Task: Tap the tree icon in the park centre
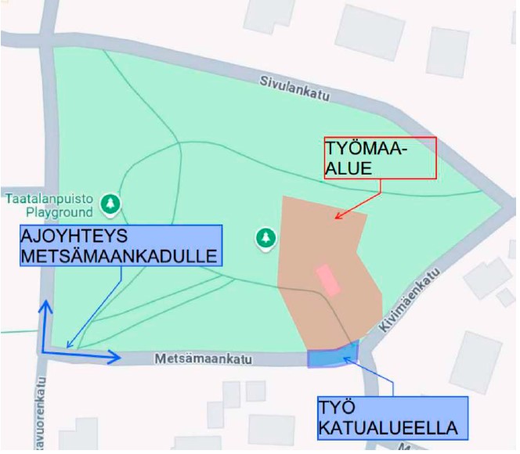(x=267, y=236)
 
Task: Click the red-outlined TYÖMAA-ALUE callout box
(x=380, y=159)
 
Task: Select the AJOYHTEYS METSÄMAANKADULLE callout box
(x=120, y=246)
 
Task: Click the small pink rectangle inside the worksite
(x=327, y=279)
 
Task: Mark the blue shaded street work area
(x=333, y=355)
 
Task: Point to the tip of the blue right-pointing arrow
(x=121, y=358)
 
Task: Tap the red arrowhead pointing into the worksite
(x=337, y=217)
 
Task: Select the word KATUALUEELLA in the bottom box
(x=387, y=428)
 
